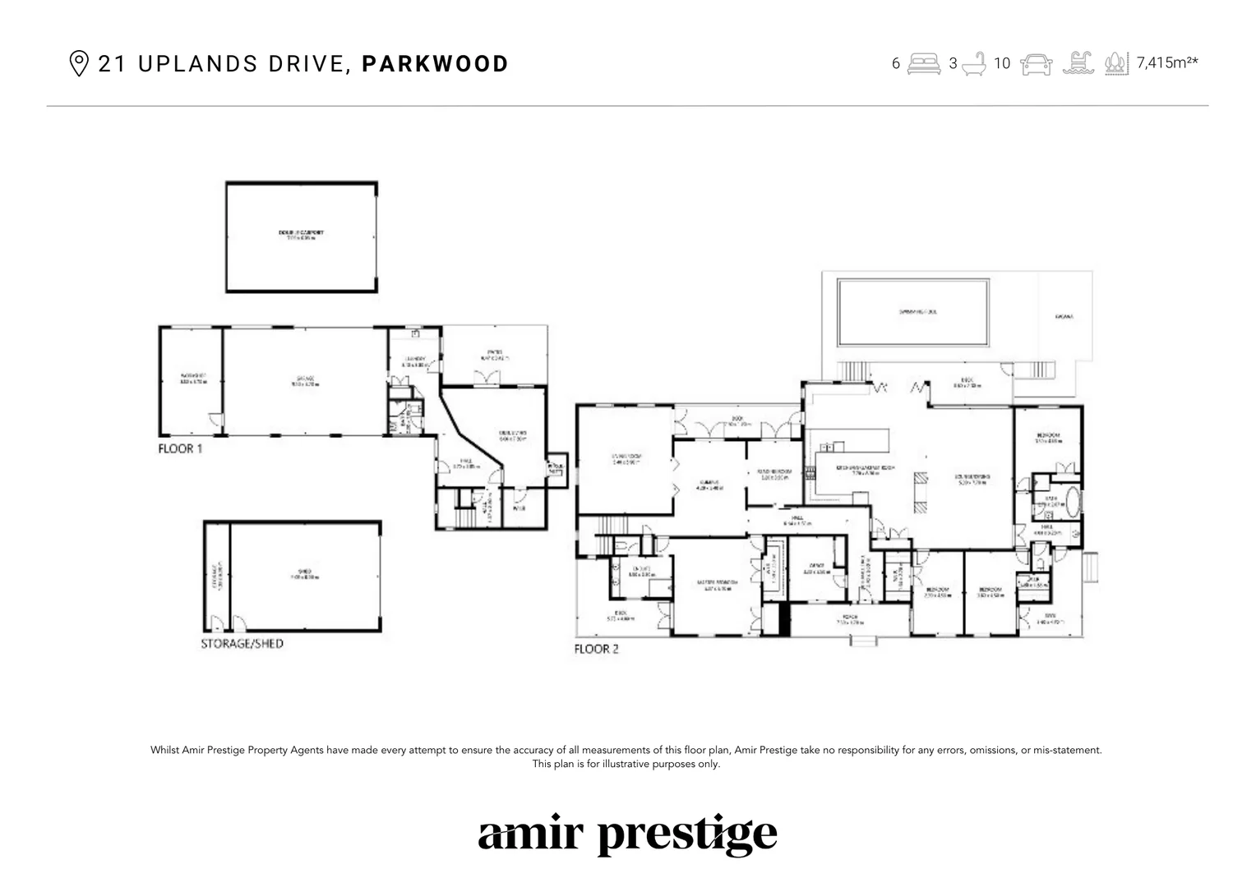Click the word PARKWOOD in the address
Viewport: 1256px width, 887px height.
[x=435, y=64]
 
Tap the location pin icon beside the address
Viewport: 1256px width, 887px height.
[x=78, y=64]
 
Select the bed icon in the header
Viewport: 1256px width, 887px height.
[x=924, y=64]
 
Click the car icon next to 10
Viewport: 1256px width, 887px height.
[x=1036, y=64]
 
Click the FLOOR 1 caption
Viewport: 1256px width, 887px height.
[x=180, y=448]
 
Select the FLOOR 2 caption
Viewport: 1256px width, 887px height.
[x=596, y=649]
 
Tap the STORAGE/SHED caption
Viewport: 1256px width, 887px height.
[x=242, y=644]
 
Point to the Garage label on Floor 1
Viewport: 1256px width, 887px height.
[x=306, y=379]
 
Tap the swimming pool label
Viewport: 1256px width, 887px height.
[x=917, y=313]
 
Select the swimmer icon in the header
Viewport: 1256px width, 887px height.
[x=1078, y=64]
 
